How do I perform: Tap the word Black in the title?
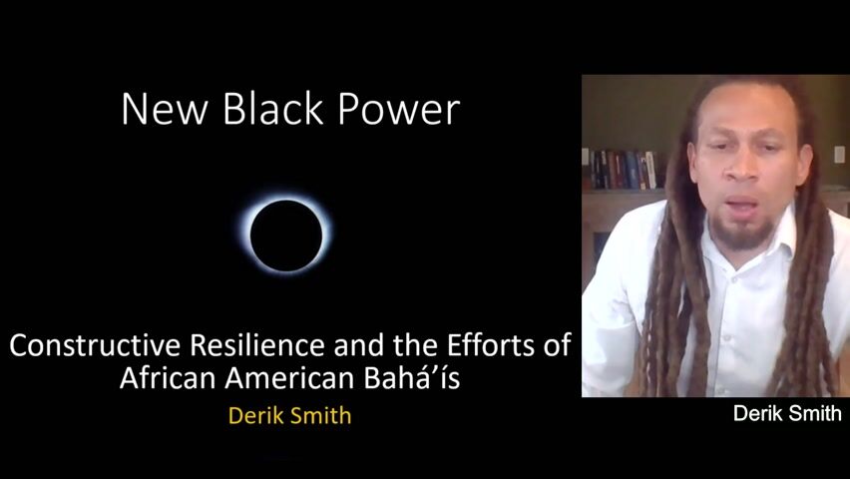273,109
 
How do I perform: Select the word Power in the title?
399,110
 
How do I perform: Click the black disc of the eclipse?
286,236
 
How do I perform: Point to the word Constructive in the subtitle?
95,345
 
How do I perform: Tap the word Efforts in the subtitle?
491,345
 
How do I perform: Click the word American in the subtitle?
289,377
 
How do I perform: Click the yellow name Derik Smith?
290,415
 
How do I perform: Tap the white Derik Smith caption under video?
787,413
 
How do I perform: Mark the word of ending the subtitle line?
557,345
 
